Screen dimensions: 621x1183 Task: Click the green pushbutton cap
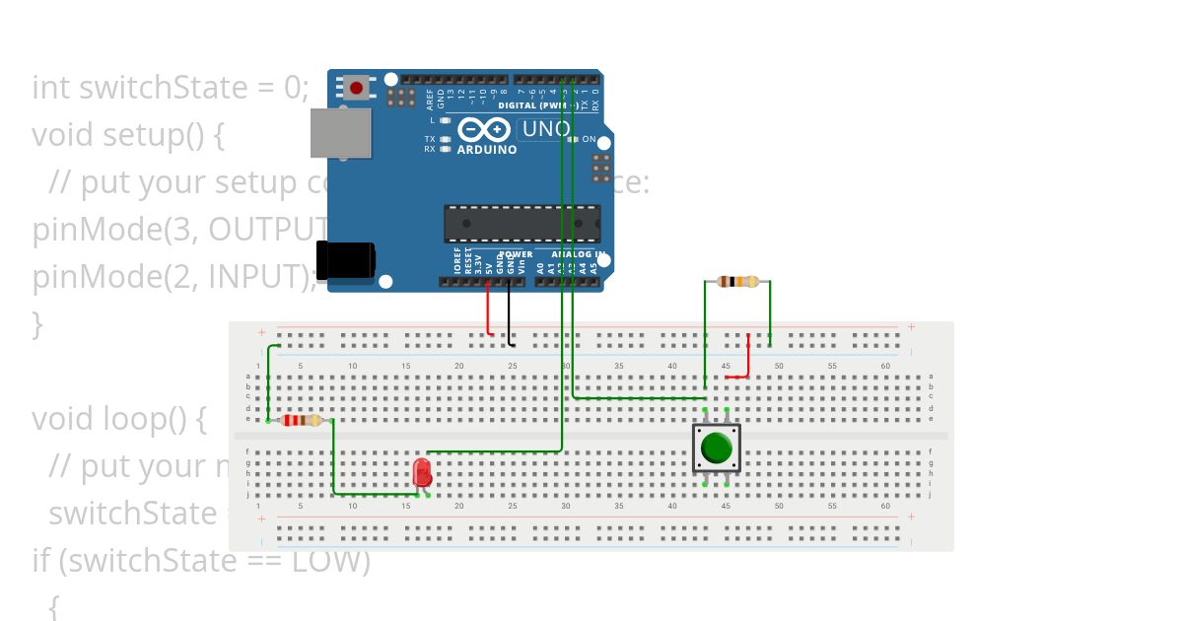717,448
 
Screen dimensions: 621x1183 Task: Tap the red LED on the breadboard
423,471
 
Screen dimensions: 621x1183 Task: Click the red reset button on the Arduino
356,88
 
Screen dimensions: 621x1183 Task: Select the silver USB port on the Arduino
340,132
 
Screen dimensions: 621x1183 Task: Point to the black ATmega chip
522,224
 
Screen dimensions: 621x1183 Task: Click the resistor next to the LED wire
301,421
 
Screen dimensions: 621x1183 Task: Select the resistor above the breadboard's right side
738,282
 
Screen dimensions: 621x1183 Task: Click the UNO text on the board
545,129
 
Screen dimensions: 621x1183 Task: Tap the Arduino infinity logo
484,129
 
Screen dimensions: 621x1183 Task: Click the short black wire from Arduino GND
510,313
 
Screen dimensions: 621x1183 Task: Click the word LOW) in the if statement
329,561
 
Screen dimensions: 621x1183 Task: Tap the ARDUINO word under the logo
486,150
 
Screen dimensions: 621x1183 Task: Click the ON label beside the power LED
589,140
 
